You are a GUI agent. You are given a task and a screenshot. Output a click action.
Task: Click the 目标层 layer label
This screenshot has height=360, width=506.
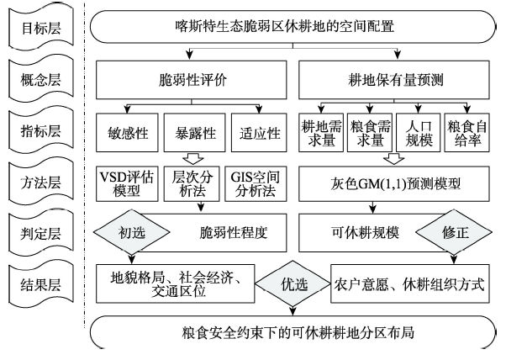click(x=41, y=28)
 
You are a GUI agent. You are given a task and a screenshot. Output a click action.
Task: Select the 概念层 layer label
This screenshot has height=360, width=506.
click(x=41, y=79)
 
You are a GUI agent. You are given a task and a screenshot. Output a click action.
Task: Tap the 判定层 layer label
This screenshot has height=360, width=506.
click(x=41, y=234)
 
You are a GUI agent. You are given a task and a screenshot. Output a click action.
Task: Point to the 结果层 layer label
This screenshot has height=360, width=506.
click(x=41, y=285)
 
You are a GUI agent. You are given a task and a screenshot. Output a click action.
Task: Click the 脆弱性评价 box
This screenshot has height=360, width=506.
click(x=192, y=80)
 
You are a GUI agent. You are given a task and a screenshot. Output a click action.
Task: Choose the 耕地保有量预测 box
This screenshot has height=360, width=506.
click(x=394, y=80)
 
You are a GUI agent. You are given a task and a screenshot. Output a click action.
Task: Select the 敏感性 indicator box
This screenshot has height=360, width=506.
click(x=127, y=132)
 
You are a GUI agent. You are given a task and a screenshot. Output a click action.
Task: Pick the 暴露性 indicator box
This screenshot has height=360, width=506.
click(x=195, y=132)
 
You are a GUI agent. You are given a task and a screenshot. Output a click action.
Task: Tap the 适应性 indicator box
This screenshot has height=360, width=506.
click(x=259, y=132)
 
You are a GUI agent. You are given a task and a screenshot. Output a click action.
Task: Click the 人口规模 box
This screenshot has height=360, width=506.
click(x=419, y=132)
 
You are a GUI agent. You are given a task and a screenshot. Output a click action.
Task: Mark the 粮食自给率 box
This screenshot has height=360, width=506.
click(x=467, y=132)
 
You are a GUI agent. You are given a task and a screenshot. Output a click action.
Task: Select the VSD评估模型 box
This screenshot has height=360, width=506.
click(x=127, y=183)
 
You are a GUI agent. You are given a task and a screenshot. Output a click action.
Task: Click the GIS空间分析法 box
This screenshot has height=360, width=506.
click(x=256, y=183)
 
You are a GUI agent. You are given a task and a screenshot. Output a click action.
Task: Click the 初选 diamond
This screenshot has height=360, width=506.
click(x=131, y=232)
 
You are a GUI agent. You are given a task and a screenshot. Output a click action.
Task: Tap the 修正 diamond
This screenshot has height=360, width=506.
click(x=454, y=232)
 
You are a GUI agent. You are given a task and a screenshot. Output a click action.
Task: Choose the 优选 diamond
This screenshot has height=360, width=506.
click(x=293, y=284)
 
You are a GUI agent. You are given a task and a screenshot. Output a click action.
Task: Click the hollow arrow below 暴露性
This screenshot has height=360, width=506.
click(x=193, y=159)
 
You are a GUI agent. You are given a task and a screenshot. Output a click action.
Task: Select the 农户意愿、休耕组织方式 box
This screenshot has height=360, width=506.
click(x=410, y=283)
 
